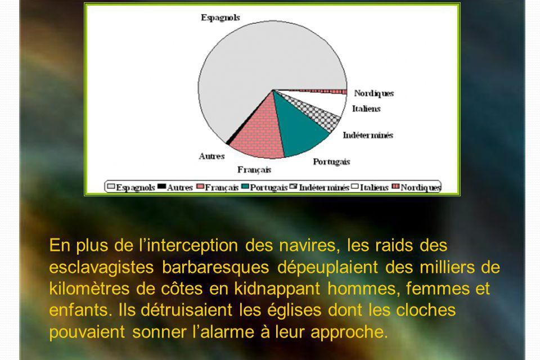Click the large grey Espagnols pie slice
pyautogui.click(x=262, y=62)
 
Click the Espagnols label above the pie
pyautogui.click(x=220, y=17)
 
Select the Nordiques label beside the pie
pyautogui.click(x=373, y=93)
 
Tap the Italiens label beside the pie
pyautogui.click(x=366, y=109)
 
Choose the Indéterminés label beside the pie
pyautogui.click(x=368, y=135)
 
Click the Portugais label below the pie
pyautogui.click(x=331, y=162)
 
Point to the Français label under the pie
pyautogui.click(x=254, y=169)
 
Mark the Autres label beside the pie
pyautogui.click(x=211, y=156)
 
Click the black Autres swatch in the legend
pyautogui.click(x=161, y=186)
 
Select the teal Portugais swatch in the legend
pyautogui.click(x=245, y=186)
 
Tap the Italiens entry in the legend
pyautogui.click(x=370, y=187)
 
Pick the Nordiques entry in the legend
pyautogui.click(x=416, y=187)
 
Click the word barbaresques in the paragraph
pyautogui.click(x=215, y=267)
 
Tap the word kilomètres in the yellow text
pyautogui.click(x=89, y=289)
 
